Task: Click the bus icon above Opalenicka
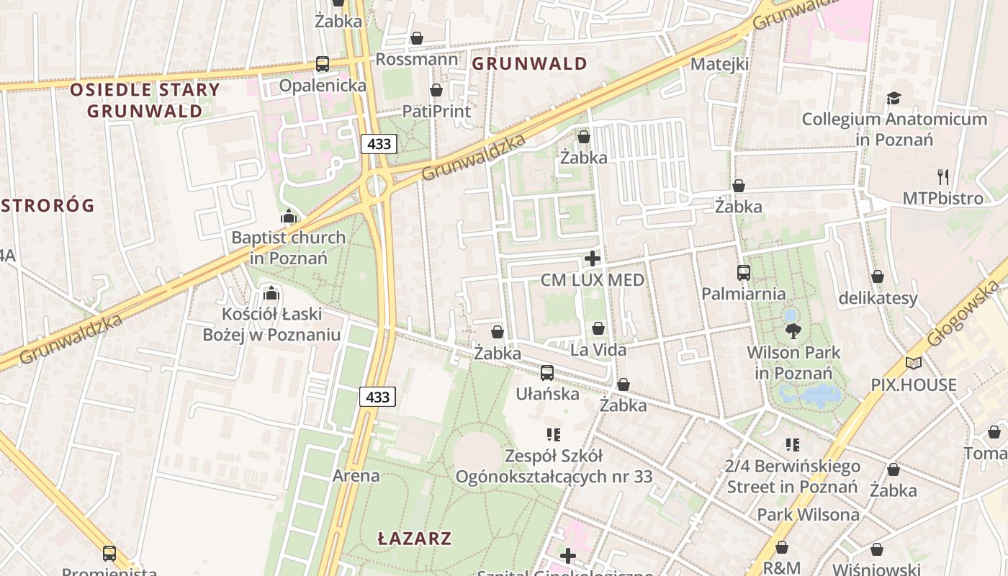click(x=323, y=64)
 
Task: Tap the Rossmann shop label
click(x=416, y=59)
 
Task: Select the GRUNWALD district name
click(x=529, y=63)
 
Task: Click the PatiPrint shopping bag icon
click(x=436, y=90)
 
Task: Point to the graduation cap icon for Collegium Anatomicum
click(x=894, y=98)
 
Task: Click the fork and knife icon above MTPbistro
click(x=943, y=176)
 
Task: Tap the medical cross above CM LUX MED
click(x=593, y=258)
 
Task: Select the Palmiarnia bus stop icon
click(x=744, y=273)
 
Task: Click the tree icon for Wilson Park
click(x=793, y=331)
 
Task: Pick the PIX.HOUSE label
click(x=914, y=384)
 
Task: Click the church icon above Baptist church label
click(x=289, y=216)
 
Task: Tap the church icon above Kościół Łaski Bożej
click(x=271, y=293)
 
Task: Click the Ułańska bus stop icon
click(x=547, y=373)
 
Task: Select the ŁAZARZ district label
click(x=415, y=538)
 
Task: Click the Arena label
click(x=356, y=475)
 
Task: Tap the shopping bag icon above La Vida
click(x=598, y=329)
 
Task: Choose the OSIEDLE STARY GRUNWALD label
click(x=145, y=100)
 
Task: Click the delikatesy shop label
click(x=878, y=298)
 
